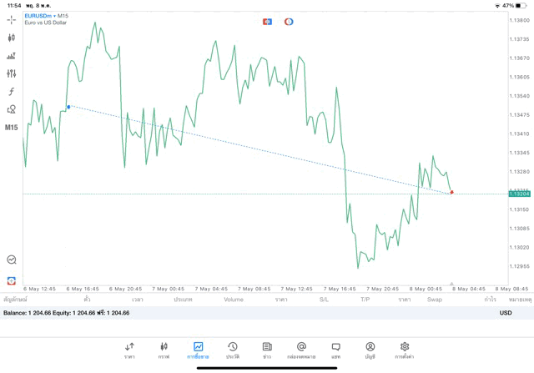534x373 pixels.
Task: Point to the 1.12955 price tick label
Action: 519,266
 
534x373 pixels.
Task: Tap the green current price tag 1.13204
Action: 519,194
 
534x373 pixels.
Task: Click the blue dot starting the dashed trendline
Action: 68,106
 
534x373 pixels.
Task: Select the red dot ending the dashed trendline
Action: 451,192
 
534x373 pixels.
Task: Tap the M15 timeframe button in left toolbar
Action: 12,128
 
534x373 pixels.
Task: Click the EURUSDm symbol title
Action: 41,16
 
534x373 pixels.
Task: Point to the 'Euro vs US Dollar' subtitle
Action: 47,23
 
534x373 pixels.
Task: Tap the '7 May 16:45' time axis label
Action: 340,289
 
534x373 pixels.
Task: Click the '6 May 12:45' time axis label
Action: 40,289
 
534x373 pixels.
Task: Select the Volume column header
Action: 234,299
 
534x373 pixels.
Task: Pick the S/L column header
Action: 324,299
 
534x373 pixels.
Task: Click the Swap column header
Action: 435,299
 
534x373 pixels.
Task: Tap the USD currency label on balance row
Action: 506,313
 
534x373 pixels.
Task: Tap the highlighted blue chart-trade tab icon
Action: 199,347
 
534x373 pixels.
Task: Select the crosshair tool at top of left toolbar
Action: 12,19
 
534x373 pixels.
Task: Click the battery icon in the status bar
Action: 521,5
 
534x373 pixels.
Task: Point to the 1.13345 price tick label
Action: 519,153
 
